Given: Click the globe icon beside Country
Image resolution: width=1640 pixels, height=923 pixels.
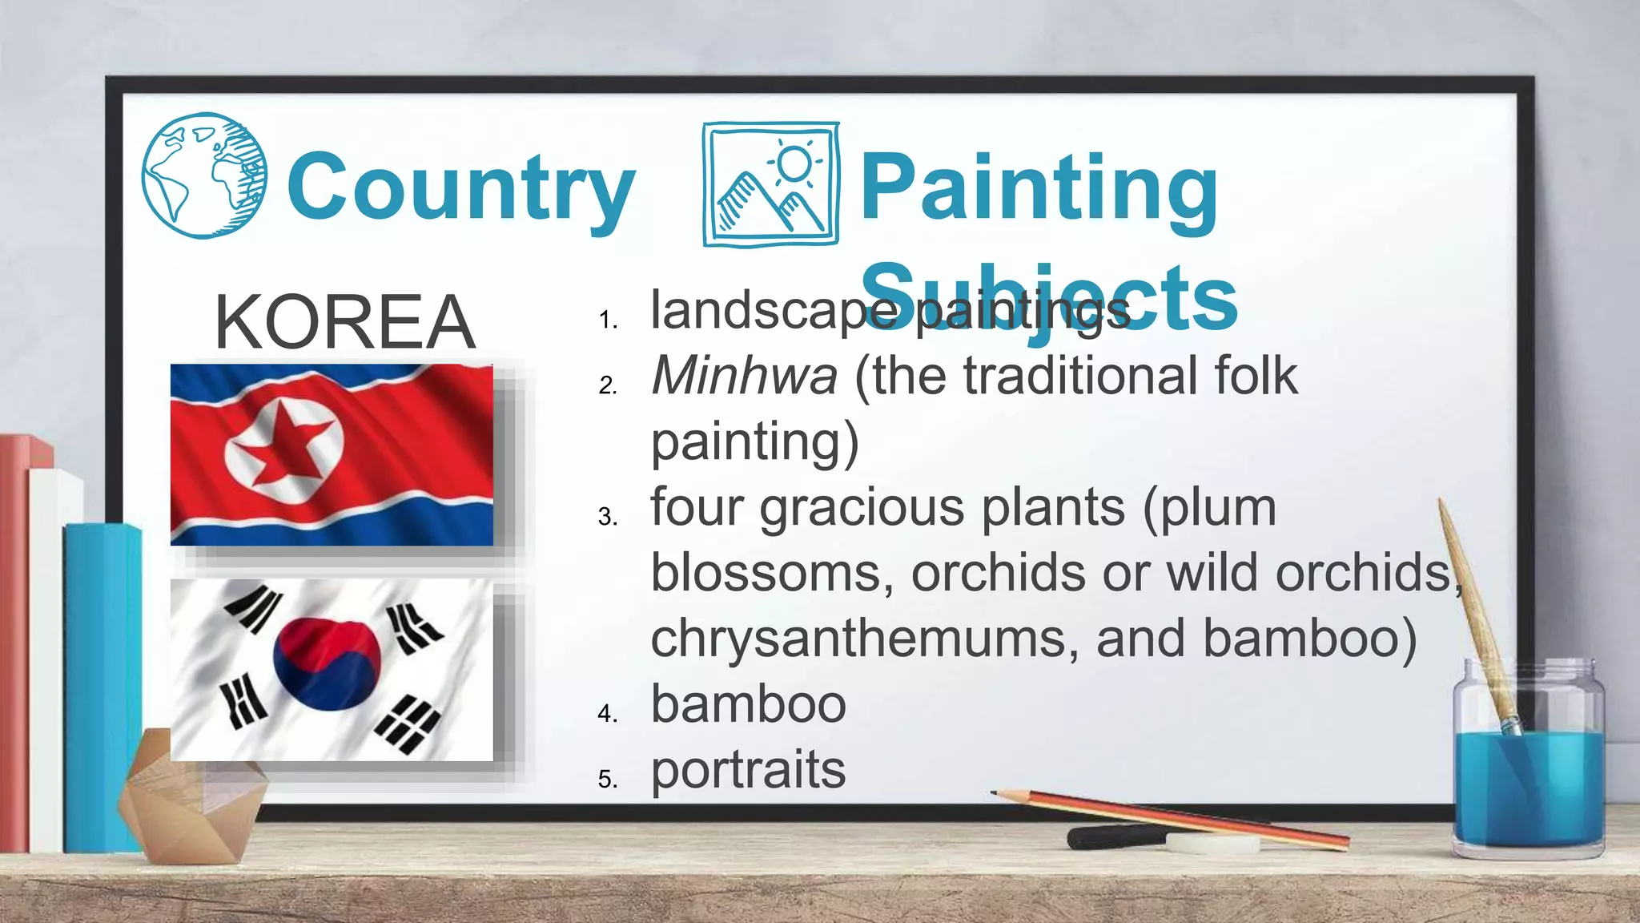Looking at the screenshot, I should click(205, 175).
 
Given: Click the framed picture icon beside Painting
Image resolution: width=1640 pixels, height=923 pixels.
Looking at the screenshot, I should click(771, 184).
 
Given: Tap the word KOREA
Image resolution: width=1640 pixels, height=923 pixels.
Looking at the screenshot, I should click(344, 322).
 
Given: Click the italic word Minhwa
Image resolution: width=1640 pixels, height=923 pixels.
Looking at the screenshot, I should click(744, 376).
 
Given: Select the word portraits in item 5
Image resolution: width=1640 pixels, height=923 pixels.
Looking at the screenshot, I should click(748, 770).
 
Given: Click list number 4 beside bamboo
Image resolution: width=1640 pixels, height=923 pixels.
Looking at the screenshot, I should click(607, 713).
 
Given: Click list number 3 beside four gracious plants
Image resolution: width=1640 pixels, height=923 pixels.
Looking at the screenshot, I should click(607, 517).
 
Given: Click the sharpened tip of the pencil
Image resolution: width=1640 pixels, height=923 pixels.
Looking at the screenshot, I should click(995, 793).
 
